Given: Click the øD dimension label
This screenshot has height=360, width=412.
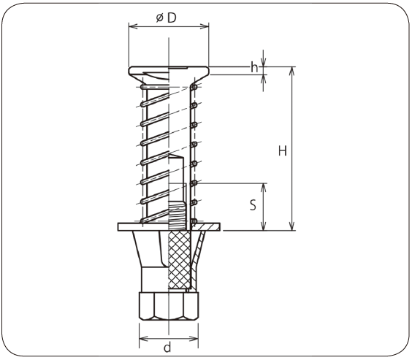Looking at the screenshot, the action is point(166,18).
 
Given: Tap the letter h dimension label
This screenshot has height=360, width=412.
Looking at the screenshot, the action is point(254,67).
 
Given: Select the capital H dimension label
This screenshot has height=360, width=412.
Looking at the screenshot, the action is point(283,151).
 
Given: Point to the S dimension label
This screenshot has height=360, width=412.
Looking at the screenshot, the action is point(253,205).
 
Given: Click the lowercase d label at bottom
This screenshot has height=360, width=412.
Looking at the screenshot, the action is point(167,348).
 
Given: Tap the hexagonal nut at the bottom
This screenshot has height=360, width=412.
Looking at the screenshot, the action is point(169,306).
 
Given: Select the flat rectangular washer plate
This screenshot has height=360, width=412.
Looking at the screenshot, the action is point(169,227).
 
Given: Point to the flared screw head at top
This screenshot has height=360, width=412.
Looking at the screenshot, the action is point(169,74).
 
